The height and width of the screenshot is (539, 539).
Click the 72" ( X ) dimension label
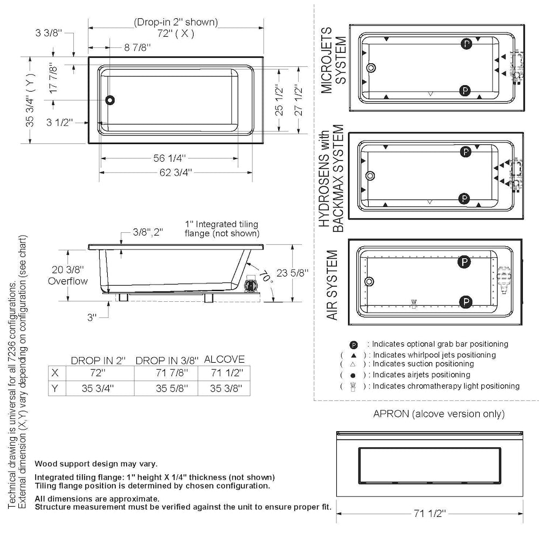click(176, 33)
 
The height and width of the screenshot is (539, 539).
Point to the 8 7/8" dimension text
click(137, 47)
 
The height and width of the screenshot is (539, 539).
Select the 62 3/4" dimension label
click(174, 172)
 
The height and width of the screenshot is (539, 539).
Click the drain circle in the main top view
click(110, 100)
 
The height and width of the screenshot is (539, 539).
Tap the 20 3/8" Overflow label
click(68, 275)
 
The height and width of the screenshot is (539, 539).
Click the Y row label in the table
click(54, 388)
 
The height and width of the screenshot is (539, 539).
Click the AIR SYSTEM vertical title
click(333, 285)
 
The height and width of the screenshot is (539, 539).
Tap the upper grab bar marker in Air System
click(463, 262)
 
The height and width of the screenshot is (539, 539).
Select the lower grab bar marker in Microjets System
click(465, 90)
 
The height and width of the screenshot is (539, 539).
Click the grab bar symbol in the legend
click(354, 344)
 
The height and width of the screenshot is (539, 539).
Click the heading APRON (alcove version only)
click(439, 414)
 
